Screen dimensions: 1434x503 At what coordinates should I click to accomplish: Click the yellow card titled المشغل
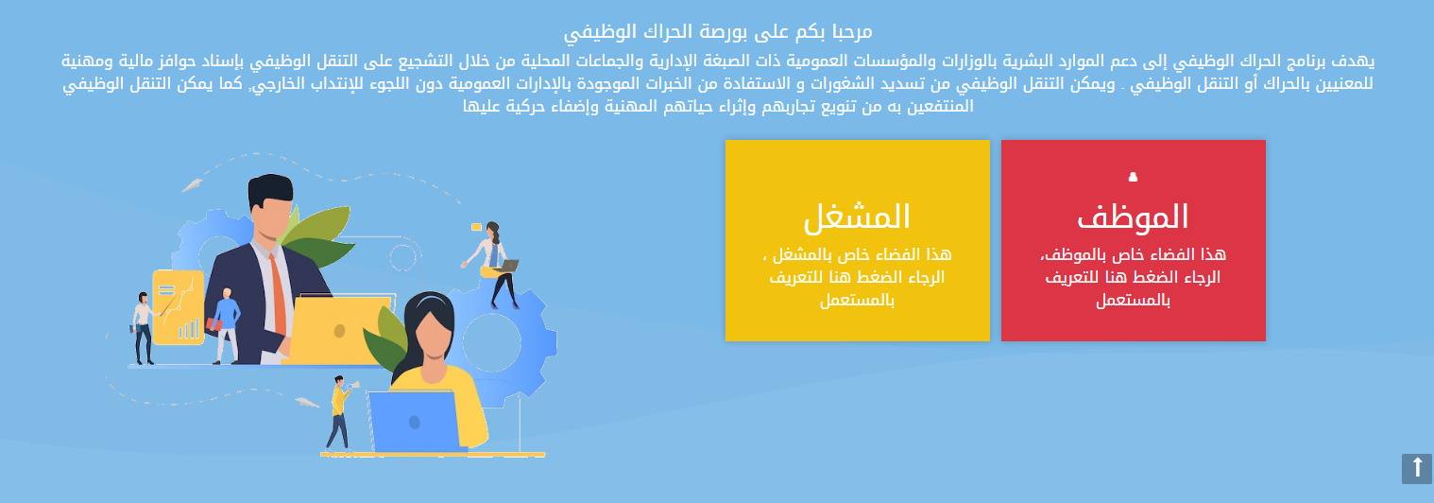point(857,240)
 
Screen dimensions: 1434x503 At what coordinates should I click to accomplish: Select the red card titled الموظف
point(1133,240)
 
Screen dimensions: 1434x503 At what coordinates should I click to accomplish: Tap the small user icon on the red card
point(1133,177)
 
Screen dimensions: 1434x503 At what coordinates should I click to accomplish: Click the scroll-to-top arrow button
point(1417,469)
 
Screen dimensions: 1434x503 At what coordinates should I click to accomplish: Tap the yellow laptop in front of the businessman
point(338,329)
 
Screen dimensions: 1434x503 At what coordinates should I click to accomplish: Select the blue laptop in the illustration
point(415,421)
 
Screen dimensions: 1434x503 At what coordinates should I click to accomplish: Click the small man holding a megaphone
point(340,413)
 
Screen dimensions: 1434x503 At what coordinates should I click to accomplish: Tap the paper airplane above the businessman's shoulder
point(192,186)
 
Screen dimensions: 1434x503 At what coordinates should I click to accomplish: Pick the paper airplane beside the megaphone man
point(307,403)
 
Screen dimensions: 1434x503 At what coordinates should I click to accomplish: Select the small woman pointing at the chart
point(144,328)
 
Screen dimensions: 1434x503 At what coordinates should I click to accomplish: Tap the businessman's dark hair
point(270,189)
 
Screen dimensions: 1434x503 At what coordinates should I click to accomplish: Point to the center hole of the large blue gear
point(491,342)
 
